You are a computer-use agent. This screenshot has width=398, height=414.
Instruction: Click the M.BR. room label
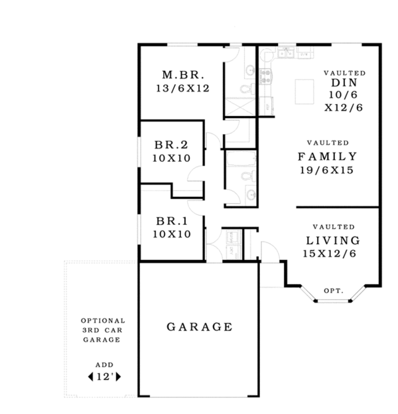point(178,74)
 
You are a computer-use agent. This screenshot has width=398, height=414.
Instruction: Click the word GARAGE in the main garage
point(199,326)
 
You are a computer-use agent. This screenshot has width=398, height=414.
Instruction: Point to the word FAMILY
point(327,157)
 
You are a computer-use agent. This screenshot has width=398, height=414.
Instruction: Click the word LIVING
point(333,240)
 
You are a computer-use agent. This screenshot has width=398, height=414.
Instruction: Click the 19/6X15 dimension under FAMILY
point(326,171)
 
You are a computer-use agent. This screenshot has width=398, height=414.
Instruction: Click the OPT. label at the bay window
point(333,291)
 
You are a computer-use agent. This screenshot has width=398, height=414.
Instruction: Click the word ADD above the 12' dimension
point(103,364)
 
